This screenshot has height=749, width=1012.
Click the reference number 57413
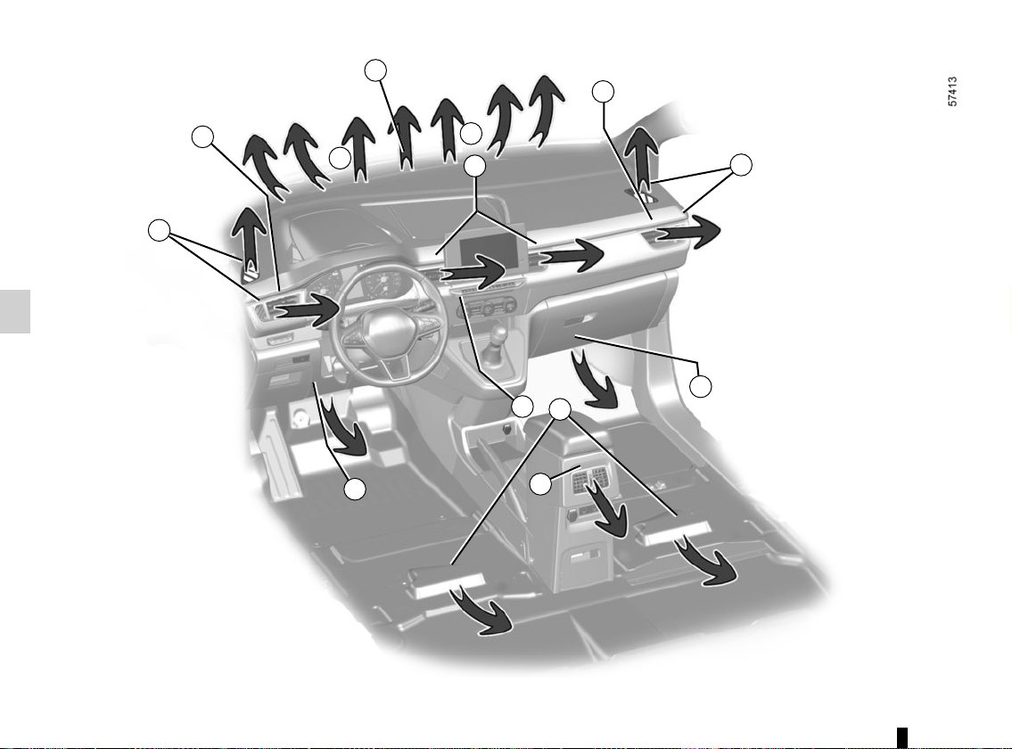pos(952,92)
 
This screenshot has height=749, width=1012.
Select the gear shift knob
pos(500,335)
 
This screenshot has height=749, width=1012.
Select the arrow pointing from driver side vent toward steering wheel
pos(308,311)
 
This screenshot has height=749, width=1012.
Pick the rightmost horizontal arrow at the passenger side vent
pos(688,234)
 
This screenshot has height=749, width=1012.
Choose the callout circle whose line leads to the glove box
pos(700,386)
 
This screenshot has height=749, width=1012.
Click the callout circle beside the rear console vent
pos(541,483)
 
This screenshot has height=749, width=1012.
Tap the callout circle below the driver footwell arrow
pos(354,489)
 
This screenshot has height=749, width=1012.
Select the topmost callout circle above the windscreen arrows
pos(375,70)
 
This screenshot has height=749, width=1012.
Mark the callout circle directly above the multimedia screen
pos(474,166)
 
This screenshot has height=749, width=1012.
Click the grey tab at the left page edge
pos(15,312)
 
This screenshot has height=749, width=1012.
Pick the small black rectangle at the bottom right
pos(902,737)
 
